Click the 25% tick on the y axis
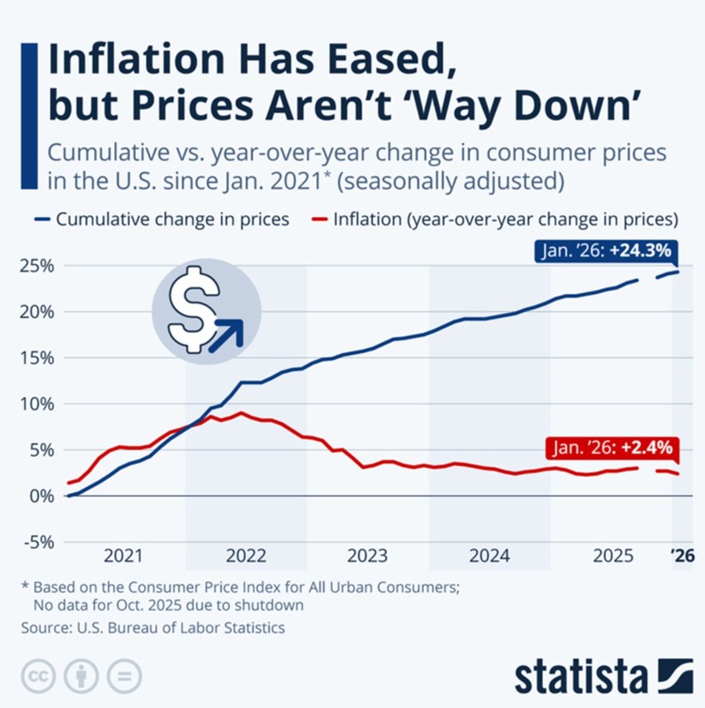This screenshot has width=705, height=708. (37, 266)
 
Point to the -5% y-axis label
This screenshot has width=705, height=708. (37, 542)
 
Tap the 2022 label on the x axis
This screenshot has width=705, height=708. (246, 555)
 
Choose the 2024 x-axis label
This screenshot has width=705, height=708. (489, 555)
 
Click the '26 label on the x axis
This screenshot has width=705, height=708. (682, 555)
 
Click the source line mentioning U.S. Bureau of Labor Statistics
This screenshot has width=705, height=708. (154, 627)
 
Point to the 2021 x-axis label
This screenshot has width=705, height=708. (124, 555)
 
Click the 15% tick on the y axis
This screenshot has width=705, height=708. (37, 357)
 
